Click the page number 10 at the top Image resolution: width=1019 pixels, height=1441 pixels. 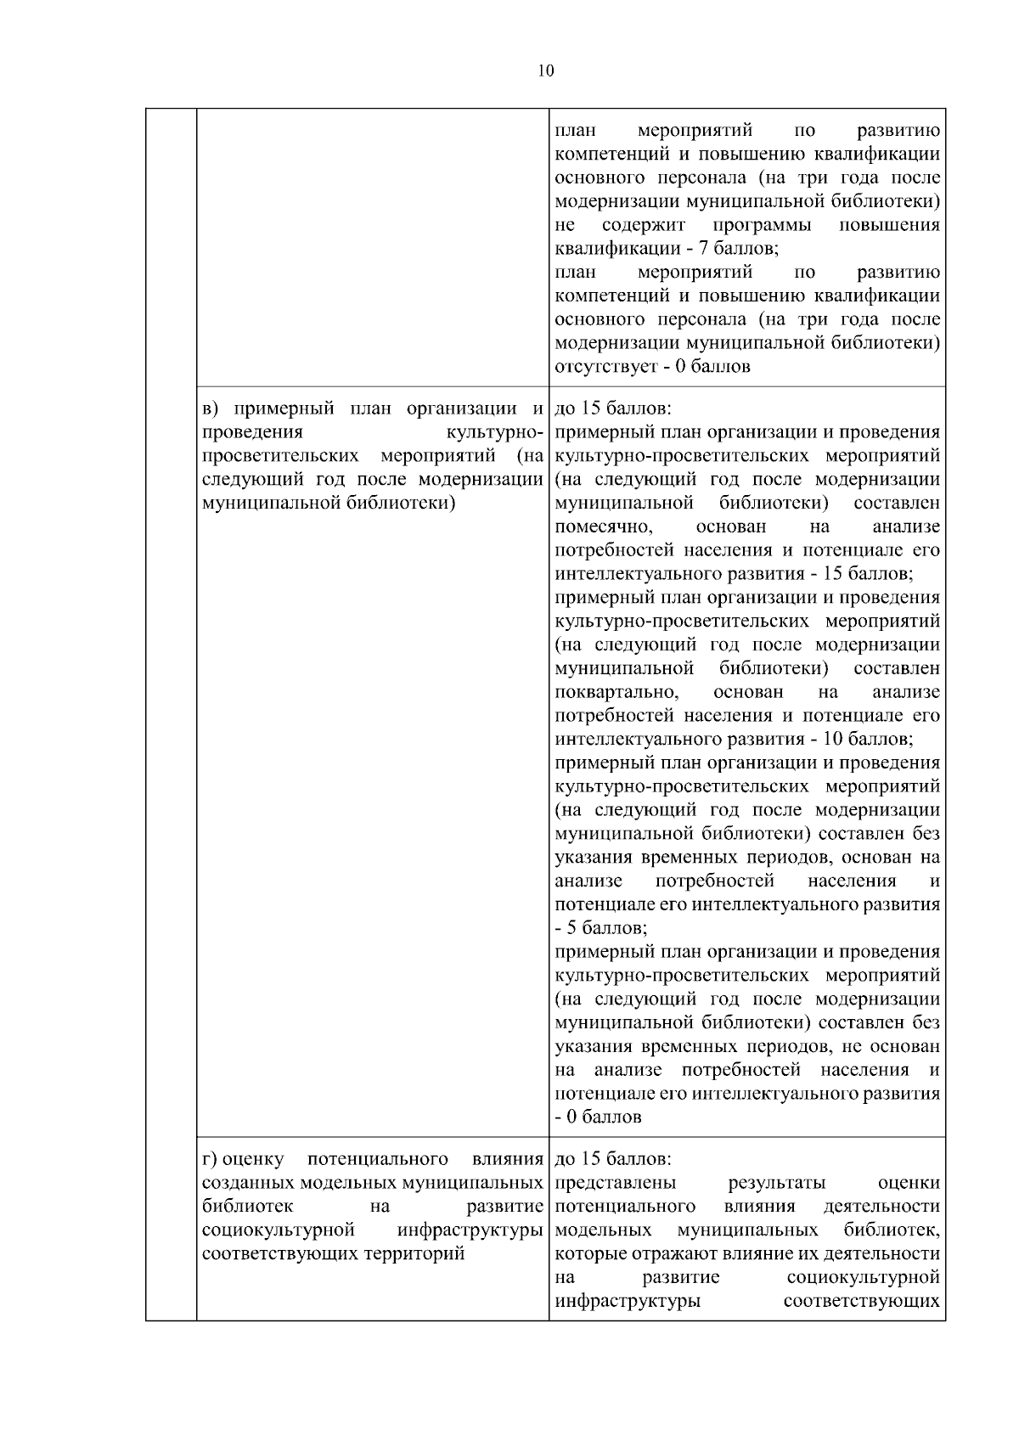coord(545,70)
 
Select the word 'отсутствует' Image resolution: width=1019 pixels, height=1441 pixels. coord(603,368)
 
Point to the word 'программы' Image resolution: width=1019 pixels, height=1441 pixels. coord(762,225)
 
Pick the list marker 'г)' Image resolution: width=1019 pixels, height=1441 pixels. coord(212,1159)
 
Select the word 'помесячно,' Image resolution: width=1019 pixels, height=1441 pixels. coord(603,527)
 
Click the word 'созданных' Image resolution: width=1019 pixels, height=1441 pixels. coord(246,1183)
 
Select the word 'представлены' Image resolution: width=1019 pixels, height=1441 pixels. coord(616,1183)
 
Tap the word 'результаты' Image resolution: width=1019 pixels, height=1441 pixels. coord(777,1183)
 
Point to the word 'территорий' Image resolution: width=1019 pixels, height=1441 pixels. coord(414,1254)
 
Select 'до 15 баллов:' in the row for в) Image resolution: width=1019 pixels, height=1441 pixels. coord(612,408)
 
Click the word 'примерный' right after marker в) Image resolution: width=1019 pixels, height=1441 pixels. coord(282,408)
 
